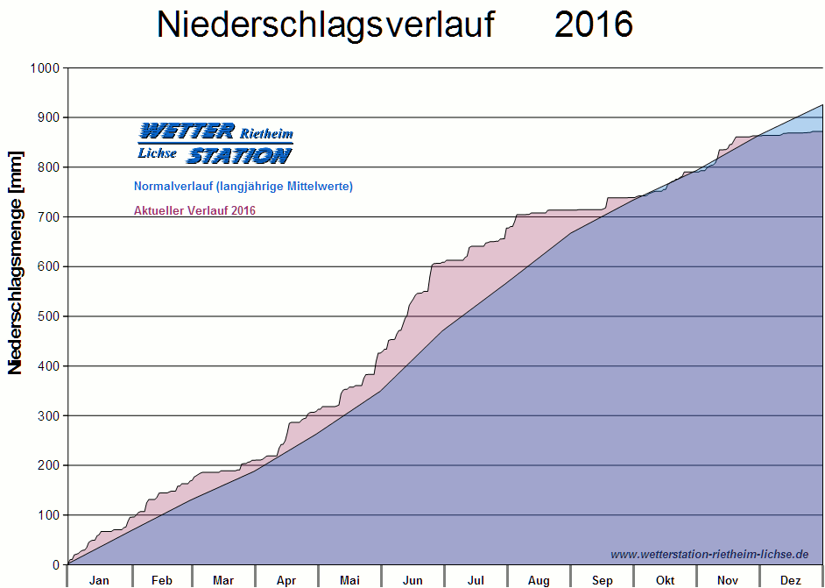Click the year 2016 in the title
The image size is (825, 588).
[594, 25]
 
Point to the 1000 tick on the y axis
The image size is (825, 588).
[44, 68]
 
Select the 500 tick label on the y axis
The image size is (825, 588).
[47, 316]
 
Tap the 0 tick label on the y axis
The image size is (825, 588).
[56, 565]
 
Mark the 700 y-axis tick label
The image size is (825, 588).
[47, 217]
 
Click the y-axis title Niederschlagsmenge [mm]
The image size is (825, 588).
[16, 263]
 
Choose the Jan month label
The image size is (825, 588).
[99, 580]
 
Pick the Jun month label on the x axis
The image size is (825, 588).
[412, 580]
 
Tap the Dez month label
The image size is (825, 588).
[791, 580]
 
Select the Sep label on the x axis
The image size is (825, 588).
[603, 580]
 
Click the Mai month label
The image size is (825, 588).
[349, 580]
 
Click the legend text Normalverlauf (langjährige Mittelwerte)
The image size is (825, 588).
[243, 186]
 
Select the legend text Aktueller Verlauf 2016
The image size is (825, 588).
[194, 210]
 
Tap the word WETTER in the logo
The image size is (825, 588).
[187, 131]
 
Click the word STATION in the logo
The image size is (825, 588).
[238, 156]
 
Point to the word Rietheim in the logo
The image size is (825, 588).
[266, 133]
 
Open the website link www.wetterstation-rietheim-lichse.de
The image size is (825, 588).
[709, 554]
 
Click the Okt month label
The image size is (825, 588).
[666, 580]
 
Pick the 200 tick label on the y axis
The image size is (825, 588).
[47, 465]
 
